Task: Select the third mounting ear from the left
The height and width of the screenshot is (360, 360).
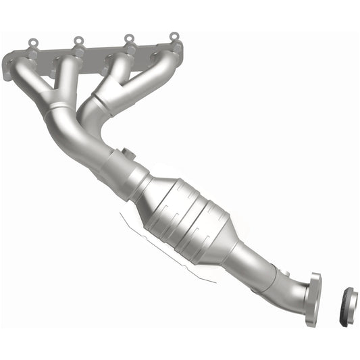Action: (126, 39)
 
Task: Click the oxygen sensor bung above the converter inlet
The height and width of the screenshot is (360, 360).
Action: (128, 153)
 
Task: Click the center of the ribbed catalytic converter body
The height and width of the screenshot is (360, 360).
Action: (186, 220)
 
